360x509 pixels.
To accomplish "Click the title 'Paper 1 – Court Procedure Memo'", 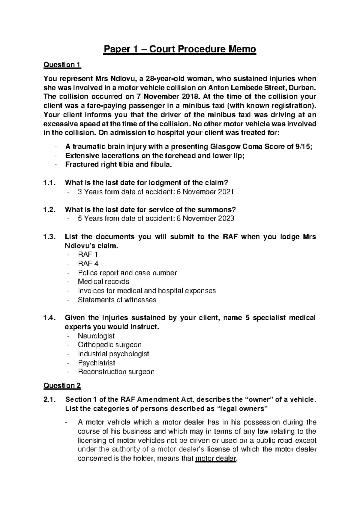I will tap(180, 49).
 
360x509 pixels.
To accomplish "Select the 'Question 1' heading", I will tap(62, 65).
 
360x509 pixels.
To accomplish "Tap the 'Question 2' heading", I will tap(62, 385).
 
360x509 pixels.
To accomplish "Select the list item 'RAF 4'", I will tap(88, 264).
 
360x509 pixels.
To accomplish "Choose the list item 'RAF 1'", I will tap(88, 254).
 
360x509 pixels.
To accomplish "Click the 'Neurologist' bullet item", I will tap(96, 336).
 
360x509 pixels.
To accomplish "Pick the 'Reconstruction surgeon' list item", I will tap(116, 372).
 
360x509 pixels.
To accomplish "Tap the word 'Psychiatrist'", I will tap(96, 363).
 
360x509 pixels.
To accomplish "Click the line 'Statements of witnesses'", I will tap(117, 300).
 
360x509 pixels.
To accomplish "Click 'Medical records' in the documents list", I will tap(103, 282).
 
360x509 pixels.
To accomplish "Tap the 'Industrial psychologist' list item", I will tap(113, 354).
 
